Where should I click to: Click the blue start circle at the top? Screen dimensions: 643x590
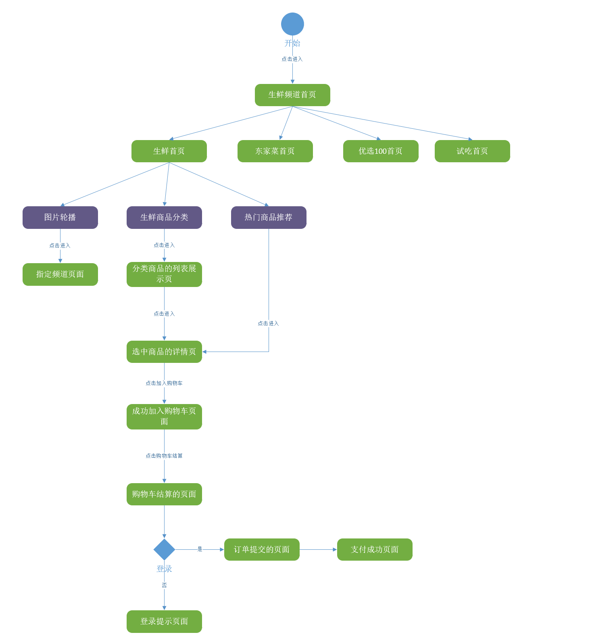coord(292,24)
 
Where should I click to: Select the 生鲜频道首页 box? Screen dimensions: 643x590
coord(292,95)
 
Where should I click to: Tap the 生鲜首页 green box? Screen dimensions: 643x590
coord(169,151)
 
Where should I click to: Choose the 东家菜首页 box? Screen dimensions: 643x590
coord(275,151)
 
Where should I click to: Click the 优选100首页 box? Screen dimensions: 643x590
coord(381,151)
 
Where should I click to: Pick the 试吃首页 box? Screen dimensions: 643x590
coord(472,151)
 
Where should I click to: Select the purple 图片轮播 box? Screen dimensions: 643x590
coord(60,217)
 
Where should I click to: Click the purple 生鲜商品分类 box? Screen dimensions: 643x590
coord(164,217)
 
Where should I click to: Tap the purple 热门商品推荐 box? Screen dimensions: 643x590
coord(269,217)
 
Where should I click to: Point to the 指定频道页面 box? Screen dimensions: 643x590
coord(60,274)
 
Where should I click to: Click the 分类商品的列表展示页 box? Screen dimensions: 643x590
coord(164,274)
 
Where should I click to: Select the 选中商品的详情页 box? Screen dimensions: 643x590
coord(164,352)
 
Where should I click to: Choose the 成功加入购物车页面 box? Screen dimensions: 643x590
coord(164,417)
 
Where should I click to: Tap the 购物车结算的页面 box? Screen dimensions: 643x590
coord(164,494)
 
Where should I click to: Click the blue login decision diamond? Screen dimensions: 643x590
coord(164,549)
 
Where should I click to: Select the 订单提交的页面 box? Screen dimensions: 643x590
coord(262,549)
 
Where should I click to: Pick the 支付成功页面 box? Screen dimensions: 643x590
coord(375,549)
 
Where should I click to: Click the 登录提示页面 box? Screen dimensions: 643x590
coord(164,621)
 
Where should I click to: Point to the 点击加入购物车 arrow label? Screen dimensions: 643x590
coord(164,383)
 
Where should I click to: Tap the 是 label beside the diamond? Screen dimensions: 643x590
coord(200,549)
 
